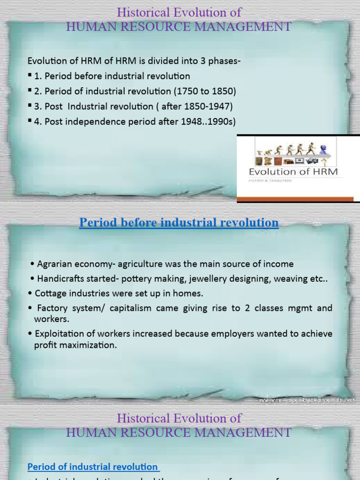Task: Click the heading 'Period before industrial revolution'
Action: coord(179,223)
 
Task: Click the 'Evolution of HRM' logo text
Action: coord(293,171)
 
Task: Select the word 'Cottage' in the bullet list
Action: coord(49,293)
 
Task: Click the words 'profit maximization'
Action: coord(75,345)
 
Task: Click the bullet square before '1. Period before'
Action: coord(30,75)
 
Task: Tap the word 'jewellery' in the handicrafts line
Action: coord(210,279)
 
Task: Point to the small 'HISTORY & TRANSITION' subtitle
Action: coord(270,180)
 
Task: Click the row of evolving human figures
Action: coord(286,150)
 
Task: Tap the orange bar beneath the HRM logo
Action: coord(295,199)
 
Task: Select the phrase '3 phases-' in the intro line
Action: coord(223,60)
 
